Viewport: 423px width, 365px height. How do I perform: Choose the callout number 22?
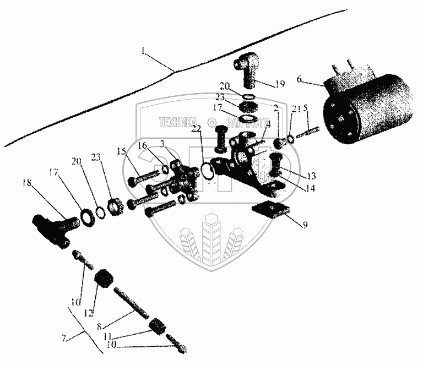[x=197, y=130]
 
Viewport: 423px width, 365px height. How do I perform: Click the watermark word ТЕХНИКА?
[x=178, y=122]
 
